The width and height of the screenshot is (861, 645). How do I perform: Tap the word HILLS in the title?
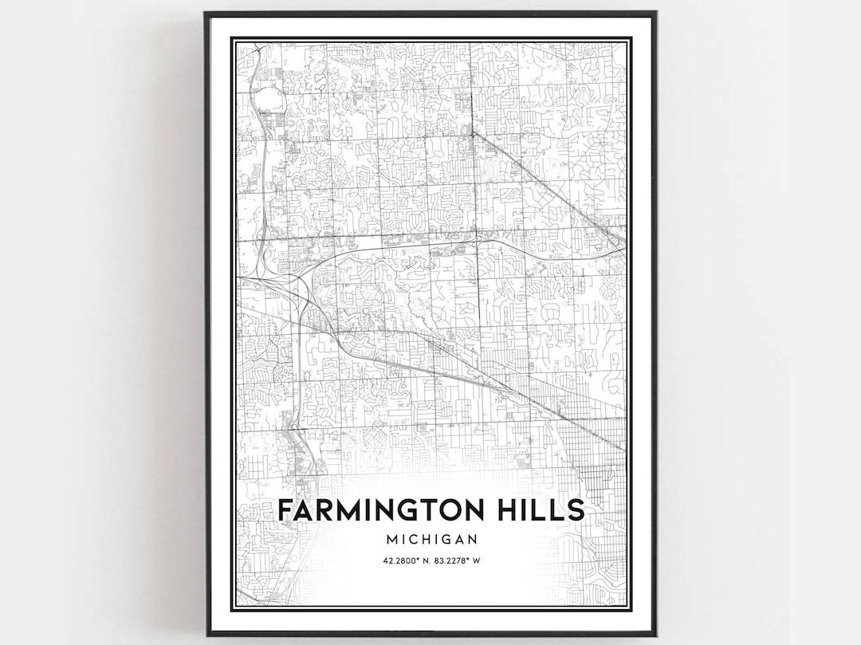tap(542, 509)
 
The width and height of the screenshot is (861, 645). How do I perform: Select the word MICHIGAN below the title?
tap(431, 540)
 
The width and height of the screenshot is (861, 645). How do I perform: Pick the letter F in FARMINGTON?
tap(285, 509)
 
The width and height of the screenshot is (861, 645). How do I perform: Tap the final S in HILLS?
tap(576, 509)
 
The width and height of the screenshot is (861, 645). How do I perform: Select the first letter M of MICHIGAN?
tap(388, 540)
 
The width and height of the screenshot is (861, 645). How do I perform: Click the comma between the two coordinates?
tap(431, 561)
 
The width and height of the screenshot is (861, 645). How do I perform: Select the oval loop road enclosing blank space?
tap(269, 100)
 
